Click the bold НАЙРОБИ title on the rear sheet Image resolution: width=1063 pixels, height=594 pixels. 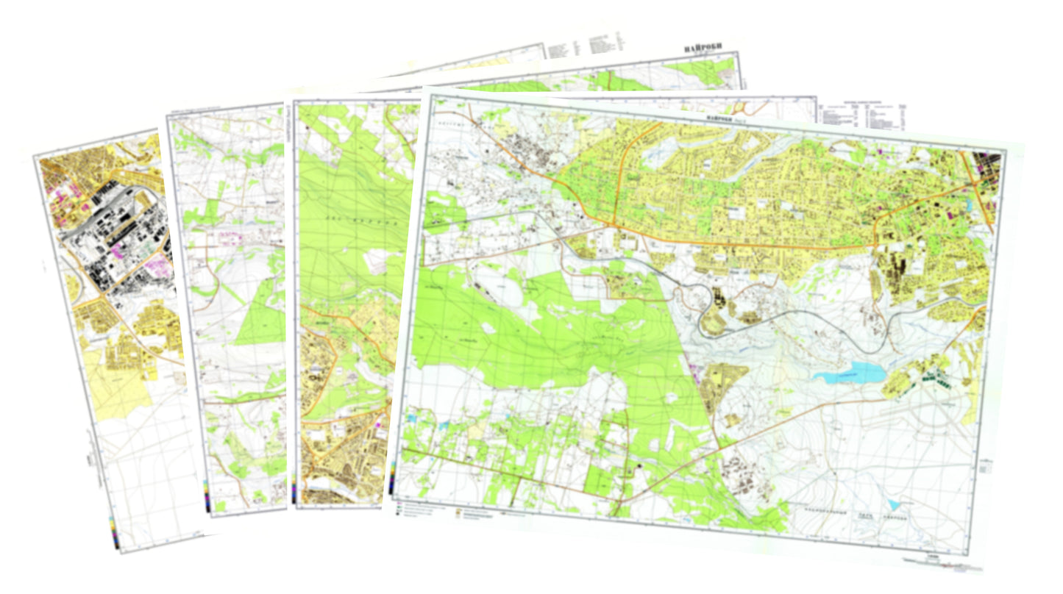703,49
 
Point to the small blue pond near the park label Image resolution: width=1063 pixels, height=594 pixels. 892,505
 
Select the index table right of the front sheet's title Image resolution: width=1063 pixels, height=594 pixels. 864,114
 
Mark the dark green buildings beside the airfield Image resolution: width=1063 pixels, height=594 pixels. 931,379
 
